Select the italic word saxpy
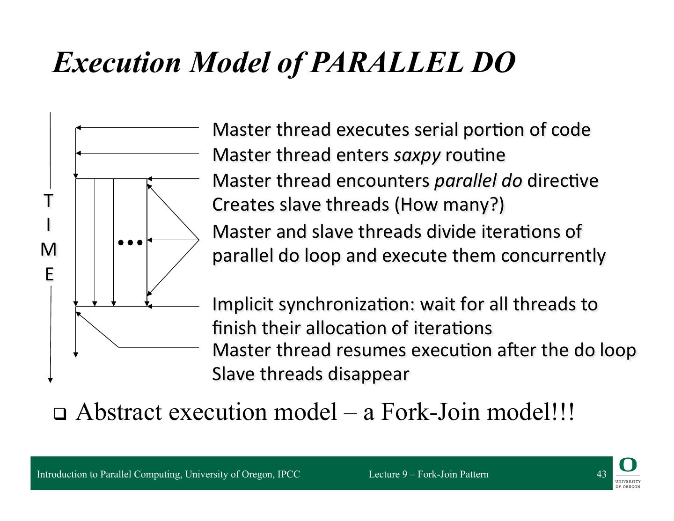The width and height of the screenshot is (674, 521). [x=417, y=155]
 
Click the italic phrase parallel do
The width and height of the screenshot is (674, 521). [x=478, y=180]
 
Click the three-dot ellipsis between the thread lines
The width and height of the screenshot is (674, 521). [x=130, y=242]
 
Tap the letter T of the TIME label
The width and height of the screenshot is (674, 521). [x=48, y=201]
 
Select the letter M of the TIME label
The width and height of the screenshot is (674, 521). [x=49, y=250]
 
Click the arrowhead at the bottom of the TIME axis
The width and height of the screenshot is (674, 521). [x=51, y=380]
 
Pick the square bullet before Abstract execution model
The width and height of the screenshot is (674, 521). [x=59, y=414]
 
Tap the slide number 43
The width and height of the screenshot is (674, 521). [x=601, y=474]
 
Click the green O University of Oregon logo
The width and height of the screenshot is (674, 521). [x=628, y=465]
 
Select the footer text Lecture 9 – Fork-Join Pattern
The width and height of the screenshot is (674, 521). [x=428, y=474]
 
